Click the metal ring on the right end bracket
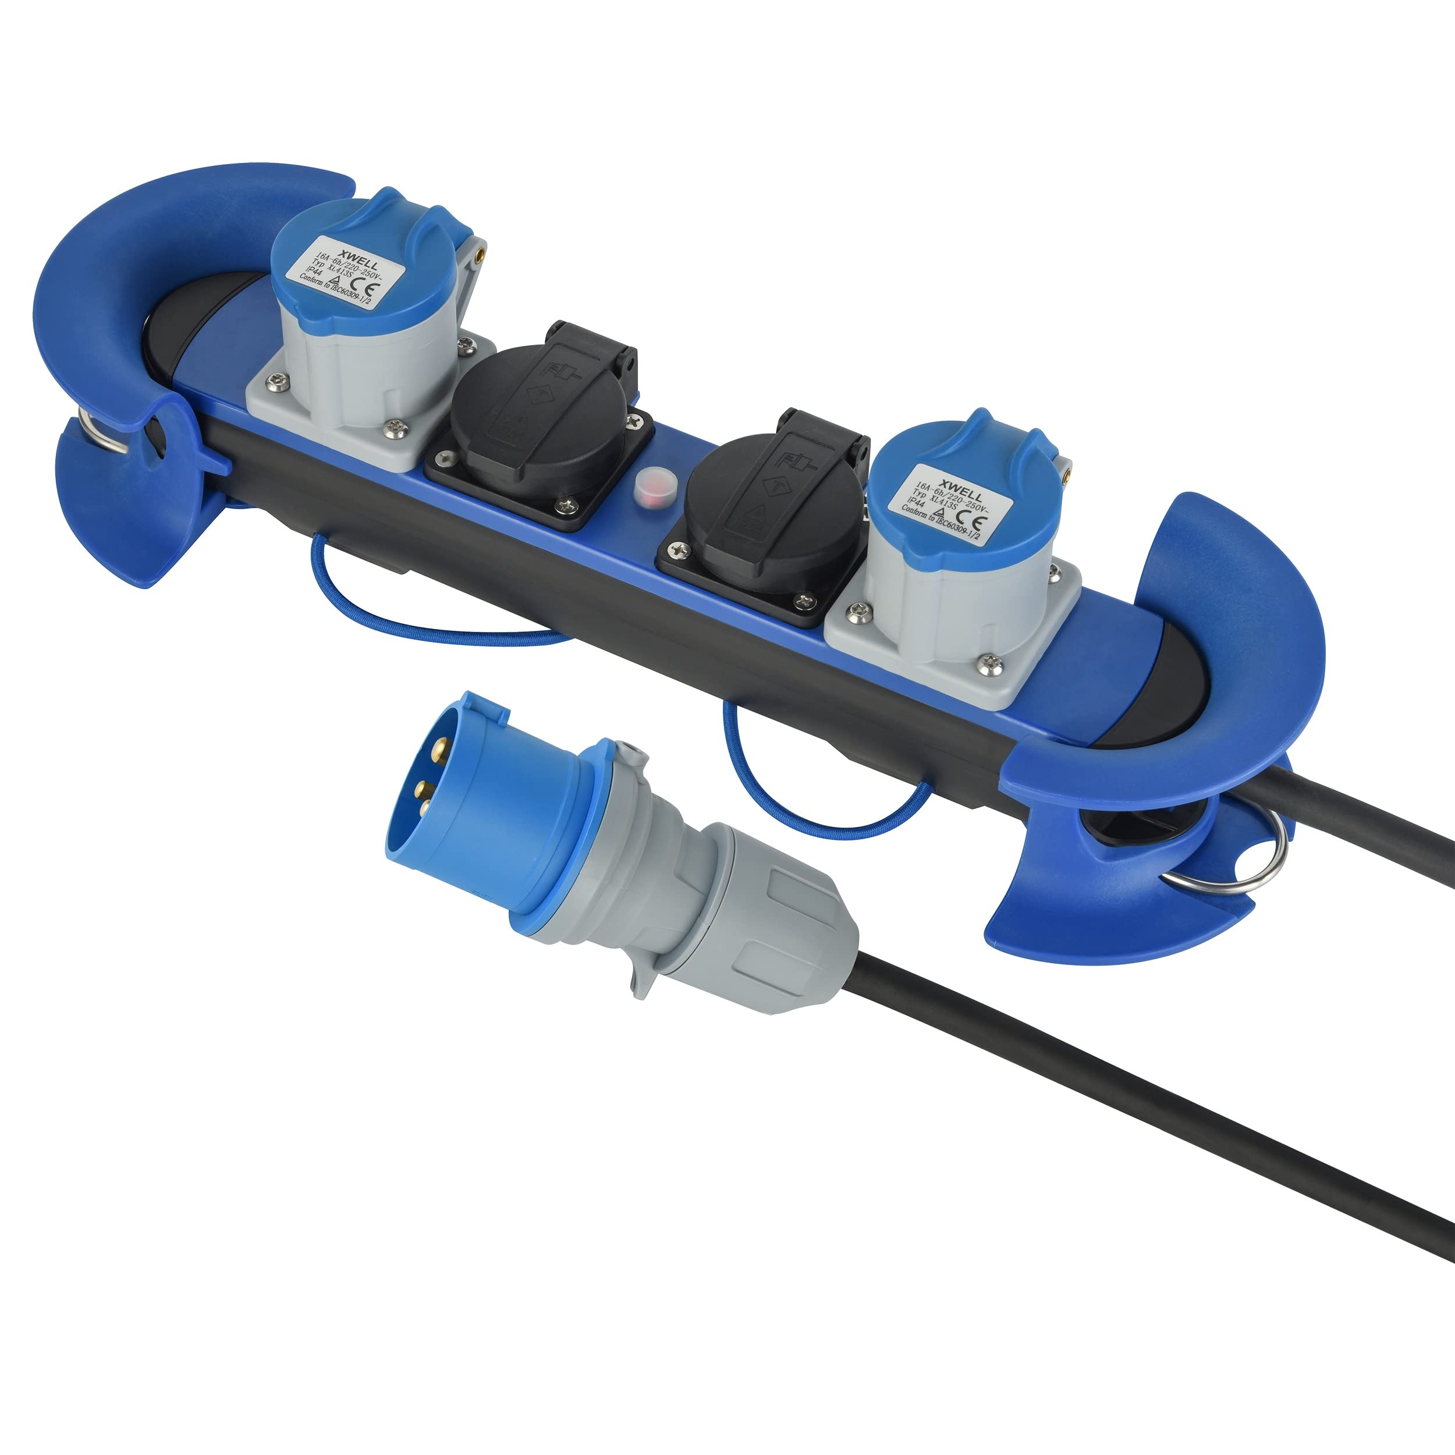tap(1250, 866)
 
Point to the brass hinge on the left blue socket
tap(477, 256)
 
